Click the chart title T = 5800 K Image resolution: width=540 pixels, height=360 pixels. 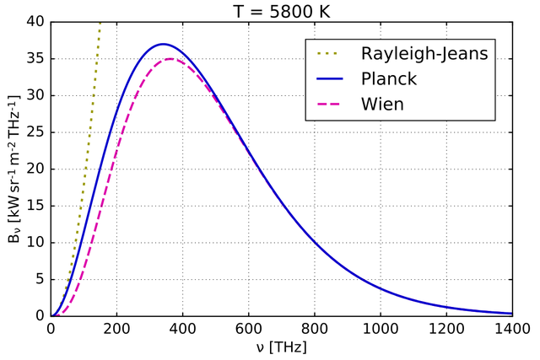[281, 11]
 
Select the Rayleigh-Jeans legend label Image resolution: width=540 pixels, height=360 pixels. [424, 54]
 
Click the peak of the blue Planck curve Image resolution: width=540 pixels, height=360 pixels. [163, 44]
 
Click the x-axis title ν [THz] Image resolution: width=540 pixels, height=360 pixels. [281, 347]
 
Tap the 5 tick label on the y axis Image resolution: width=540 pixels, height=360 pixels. [38, 279]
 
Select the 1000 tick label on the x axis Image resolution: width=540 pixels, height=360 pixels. [380, 329]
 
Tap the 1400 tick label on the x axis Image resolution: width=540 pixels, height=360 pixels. [511, 329]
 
